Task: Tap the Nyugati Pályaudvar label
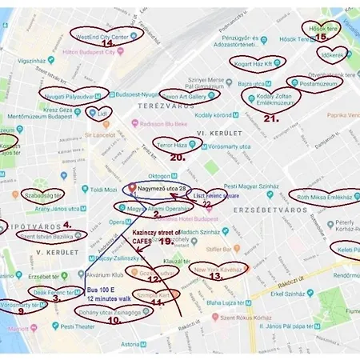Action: pyautogui.click(x=71, y=94)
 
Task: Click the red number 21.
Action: pyautogui.click(x=270, y=118)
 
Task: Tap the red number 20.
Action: pyautogui.click(x=178, y=158)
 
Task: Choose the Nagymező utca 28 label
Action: pyautogui.click(x=161, y=189)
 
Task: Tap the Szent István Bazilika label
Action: pyautogui.click(x=51, y=236)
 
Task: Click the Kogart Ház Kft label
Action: pyautogui.click(x=254, y=62)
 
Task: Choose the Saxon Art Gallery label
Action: pyautogui.click(x=189, y=96)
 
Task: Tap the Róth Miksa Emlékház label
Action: pyautogui.click(x=325, y=197)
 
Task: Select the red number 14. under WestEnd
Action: pyautogui.click(x=106, y=44)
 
